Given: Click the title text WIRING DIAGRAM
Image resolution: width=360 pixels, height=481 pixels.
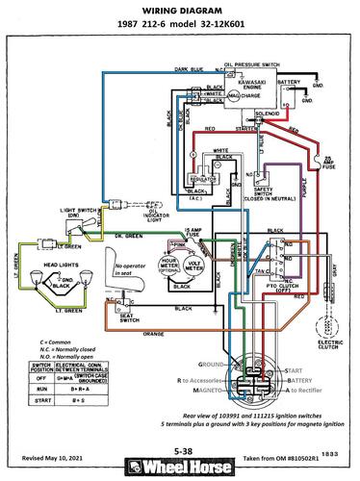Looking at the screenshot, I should coord(179,11).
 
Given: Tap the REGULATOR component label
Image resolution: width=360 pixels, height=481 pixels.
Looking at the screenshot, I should coord(198,180).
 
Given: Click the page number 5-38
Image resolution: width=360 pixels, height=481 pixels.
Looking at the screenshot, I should coord(179,448).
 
